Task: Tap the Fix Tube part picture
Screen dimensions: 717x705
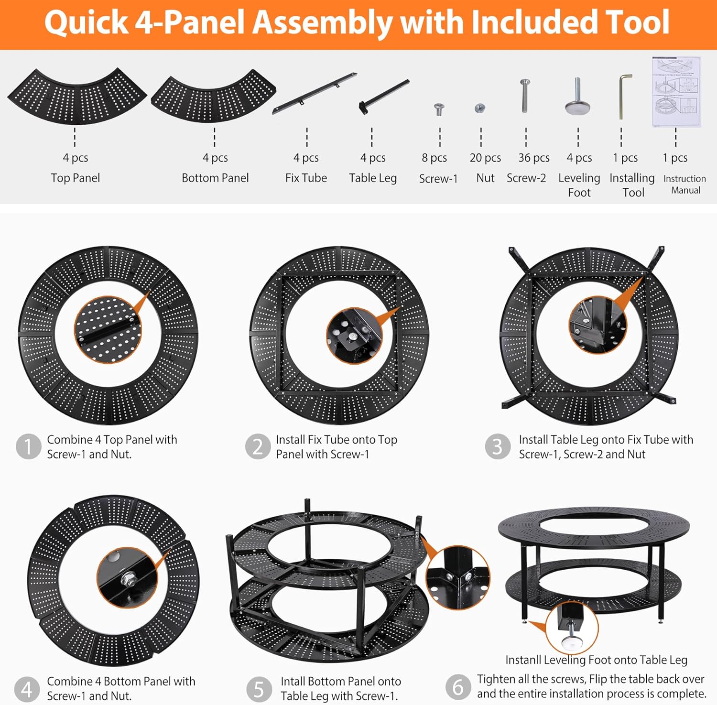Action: coord(315,93)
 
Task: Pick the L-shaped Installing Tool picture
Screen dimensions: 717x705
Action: coord(624,96)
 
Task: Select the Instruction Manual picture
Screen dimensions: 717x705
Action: coord(676,92)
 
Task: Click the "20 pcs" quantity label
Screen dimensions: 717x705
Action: coord(485,158)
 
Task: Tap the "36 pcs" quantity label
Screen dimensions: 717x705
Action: coord(534,158)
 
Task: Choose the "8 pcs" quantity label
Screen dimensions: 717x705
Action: coord(435,158)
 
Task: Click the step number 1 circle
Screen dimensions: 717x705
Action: coord(28,446)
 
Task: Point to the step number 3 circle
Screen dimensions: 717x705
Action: coord(498,446)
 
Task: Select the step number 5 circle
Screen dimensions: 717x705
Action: coord(259,689)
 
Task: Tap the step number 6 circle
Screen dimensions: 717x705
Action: coord(458,687)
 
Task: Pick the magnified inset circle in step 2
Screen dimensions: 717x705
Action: coord(354,336)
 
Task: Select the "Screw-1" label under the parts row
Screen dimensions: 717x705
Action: coord(438,179)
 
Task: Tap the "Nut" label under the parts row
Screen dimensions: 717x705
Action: coord(485,178)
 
